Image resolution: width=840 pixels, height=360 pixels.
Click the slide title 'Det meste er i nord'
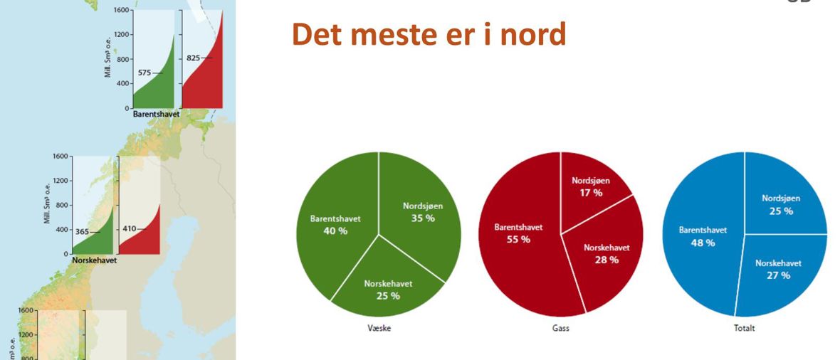429,35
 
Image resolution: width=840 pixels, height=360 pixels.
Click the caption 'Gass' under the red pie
561,329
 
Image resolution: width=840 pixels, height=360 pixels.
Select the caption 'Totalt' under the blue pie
745,329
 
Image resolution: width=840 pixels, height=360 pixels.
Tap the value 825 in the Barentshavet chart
194,58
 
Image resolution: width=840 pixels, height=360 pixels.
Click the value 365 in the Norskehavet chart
82,232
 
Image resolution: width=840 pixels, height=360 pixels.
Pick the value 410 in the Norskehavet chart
130,229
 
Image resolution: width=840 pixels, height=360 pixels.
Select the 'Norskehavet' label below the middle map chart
94,260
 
